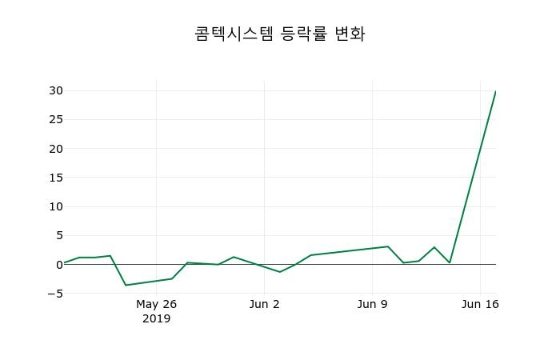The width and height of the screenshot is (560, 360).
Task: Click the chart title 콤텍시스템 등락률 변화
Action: click(x=280, y=34)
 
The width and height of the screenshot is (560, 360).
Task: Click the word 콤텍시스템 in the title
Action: click(x=234, y=34)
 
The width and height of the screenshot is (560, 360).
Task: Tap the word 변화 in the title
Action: click(x=350, y=34)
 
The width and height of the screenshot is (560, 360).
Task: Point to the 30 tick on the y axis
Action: click(x=54, y=90)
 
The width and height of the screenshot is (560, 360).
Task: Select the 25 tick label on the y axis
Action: click(x=54, y=120)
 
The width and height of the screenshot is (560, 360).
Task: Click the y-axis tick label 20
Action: click(x=54, y=149)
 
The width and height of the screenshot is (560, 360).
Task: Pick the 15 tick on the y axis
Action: click(x=54, y=178)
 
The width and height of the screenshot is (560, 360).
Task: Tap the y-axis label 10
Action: click(x=54, y=206)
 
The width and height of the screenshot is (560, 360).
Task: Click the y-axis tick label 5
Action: click(x=58, y=235)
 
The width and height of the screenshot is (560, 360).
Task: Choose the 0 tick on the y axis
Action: click(x=58, y=264)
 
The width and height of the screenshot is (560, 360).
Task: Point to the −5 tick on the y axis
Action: click(x=54, y=294)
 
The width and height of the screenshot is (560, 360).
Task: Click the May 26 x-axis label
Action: click(x=156, y=304)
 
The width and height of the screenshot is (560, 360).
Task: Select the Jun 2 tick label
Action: click(x=265, y=304)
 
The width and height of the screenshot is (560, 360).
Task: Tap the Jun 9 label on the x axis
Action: click(x=372, y=304)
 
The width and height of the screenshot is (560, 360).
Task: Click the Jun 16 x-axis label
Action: click(x=480, y=304)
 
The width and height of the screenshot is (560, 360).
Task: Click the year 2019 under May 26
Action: click(x=156, y=318)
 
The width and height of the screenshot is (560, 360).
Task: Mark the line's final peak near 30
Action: click(x=495, y=91)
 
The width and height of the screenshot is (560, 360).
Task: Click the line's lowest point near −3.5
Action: click(x=126, y=285)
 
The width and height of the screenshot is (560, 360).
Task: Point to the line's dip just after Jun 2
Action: click(x=280, y=272)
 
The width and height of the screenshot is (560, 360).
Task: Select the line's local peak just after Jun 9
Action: click(x=388, y=246)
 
